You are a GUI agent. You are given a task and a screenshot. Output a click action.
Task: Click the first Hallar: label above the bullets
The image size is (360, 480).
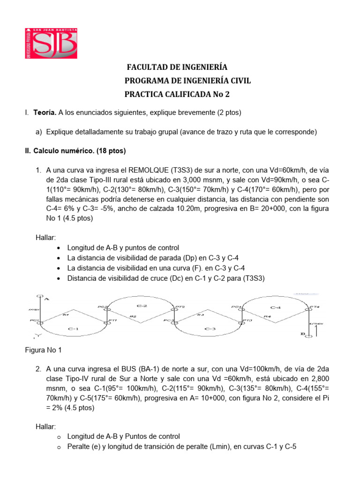(45, 238)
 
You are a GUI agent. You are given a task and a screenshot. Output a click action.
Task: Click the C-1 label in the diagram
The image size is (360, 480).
(73, 329)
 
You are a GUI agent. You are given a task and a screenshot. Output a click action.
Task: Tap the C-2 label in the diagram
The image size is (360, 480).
(142, 306)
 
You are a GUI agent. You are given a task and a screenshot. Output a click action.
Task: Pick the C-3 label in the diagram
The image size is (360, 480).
(210, 329)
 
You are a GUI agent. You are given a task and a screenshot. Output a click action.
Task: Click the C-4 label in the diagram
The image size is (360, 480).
(276, 307)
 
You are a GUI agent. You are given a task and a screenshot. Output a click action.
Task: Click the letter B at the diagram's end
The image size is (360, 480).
(304, 334)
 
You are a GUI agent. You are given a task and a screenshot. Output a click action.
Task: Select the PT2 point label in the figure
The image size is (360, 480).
(179, 307)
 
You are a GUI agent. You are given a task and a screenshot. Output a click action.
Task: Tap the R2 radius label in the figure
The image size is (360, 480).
(133, 317)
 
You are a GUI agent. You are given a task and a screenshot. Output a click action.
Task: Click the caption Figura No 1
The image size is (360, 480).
(43, 350)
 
